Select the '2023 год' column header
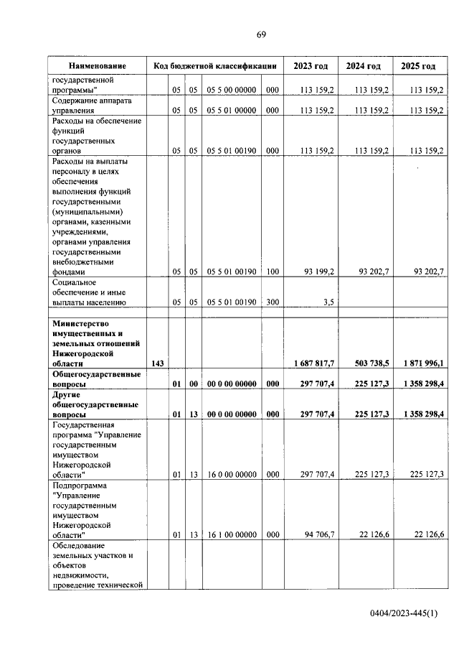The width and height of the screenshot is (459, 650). [x=311, y=65]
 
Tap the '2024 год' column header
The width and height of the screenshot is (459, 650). [x=364, y=65]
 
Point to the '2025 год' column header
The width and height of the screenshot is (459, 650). [x=418, y=65]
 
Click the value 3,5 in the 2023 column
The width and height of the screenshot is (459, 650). [x=328, y=302]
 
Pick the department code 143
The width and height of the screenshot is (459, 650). [x=157, y=364]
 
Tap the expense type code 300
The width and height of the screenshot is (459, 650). [x=272, y=302]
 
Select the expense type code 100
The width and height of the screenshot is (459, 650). [x=272, y=272]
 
